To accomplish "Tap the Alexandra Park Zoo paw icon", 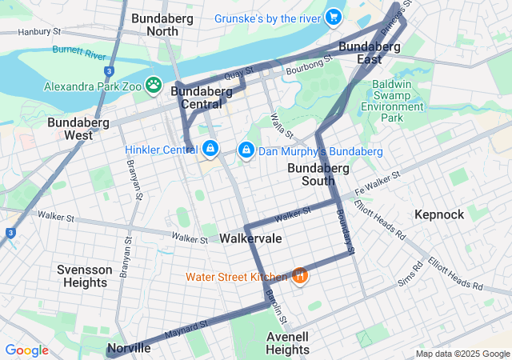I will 154,85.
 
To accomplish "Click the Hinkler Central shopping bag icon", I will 210,149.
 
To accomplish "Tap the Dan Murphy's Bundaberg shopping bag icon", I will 246,150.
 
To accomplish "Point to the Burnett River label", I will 78,53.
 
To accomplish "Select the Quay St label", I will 233,74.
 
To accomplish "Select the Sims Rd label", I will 411,276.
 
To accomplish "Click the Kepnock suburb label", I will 439,214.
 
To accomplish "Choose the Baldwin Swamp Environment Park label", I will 393,100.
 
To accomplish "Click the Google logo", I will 26,350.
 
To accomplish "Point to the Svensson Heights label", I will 84,276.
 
